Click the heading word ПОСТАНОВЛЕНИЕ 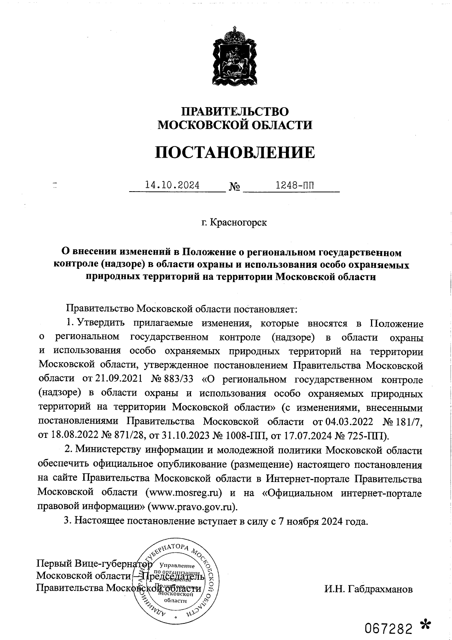235,152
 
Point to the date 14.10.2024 172,185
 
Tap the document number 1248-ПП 295,185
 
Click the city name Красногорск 238,223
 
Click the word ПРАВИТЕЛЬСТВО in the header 235,112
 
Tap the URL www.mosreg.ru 183,493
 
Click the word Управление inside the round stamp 177,566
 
